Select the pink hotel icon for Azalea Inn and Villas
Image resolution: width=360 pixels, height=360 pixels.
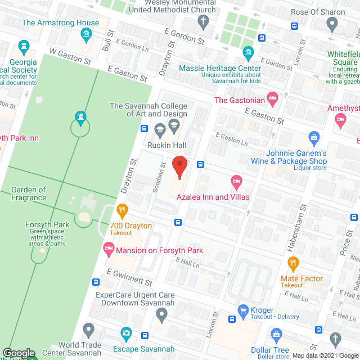click(236, 182)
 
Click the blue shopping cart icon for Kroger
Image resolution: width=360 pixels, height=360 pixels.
click(243, 310)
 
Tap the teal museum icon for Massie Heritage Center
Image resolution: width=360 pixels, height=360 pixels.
click(248, 54)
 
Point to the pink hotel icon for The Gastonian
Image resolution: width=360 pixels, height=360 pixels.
click(273, 100)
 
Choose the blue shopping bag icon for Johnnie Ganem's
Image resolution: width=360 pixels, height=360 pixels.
click(314, 137)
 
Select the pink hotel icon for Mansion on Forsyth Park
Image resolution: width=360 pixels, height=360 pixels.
click(108, 247)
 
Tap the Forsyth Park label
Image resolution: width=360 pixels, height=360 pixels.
click(48, 225)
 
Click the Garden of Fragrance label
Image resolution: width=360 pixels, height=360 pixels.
click(29, 194)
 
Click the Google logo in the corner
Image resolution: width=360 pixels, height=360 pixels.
click(19, 353)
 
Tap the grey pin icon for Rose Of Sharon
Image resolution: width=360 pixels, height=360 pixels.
click(332, 24)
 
